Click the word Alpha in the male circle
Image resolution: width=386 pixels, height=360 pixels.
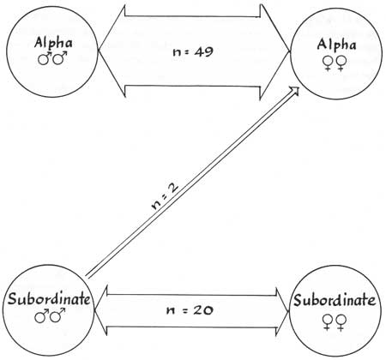[53, 43]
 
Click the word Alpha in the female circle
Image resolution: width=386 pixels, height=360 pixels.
[336, 45]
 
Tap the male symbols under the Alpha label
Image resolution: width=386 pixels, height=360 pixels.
[53, 58]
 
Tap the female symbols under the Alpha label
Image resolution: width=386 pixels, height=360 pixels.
[335, 63]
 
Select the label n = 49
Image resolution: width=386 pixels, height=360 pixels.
[193, 52]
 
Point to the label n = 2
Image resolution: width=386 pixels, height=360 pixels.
[164, 196]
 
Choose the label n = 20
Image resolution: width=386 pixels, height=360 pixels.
[190, 310]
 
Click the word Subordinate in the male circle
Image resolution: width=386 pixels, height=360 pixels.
[49, 299]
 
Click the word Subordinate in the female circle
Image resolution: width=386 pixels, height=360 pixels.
[335, 300]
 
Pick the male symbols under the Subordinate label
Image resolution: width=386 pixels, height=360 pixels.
[50, 315]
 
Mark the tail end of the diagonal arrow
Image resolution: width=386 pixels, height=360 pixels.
[87, 276]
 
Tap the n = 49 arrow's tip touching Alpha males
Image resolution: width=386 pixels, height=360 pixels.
[98, 51]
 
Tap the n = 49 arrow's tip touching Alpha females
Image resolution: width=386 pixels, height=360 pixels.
[290, 52]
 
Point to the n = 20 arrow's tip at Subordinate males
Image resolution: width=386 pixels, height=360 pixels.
[94, 310]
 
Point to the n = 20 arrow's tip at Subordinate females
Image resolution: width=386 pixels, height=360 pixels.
[289, 311]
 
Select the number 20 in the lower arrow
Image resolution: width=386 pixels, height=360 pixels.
[202, 310]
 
